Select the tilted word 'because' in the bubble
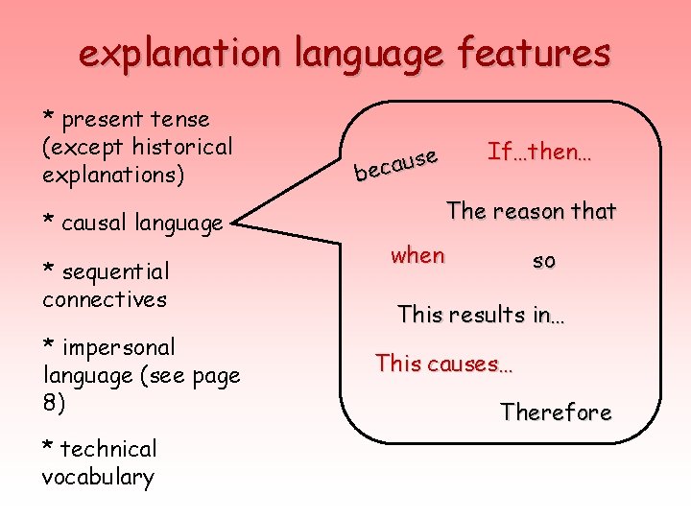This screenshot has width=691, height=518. pyautogui.click(x=396, y=164)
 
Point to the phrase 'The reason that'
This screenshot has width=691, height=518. pyautogui.click(x=532, y=211)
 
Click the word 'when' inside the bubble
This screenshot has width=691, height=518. pyautogui.click(x=417, y=255)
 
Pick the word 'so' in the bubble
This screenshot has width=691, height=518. pyautogui.click(x=544, y=260)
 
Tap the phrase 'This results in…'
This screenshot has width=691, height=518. pyautogui.click(x=481, y=314)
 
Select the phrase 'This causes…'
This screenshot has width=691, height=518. pyautogui.click(x=444, y=364)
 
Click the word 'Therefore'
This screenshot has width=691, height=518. pyautogui.click(x=555, y=412)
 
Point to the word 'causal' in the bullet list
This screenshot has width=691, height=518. pyautogui.click(x=93, y=224)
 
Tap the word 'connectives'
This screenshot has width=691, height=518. pyautogui.click(x=105, y=299)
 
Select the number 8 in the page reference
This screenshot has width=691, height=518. pyautogui.click(x=50, y=403)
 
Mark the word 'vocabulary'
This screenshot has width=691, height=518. pyautogui.click(x=98, y=478)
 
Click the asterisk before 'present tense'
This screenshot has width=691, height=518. pyautogui.click(x=48, y=116)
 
